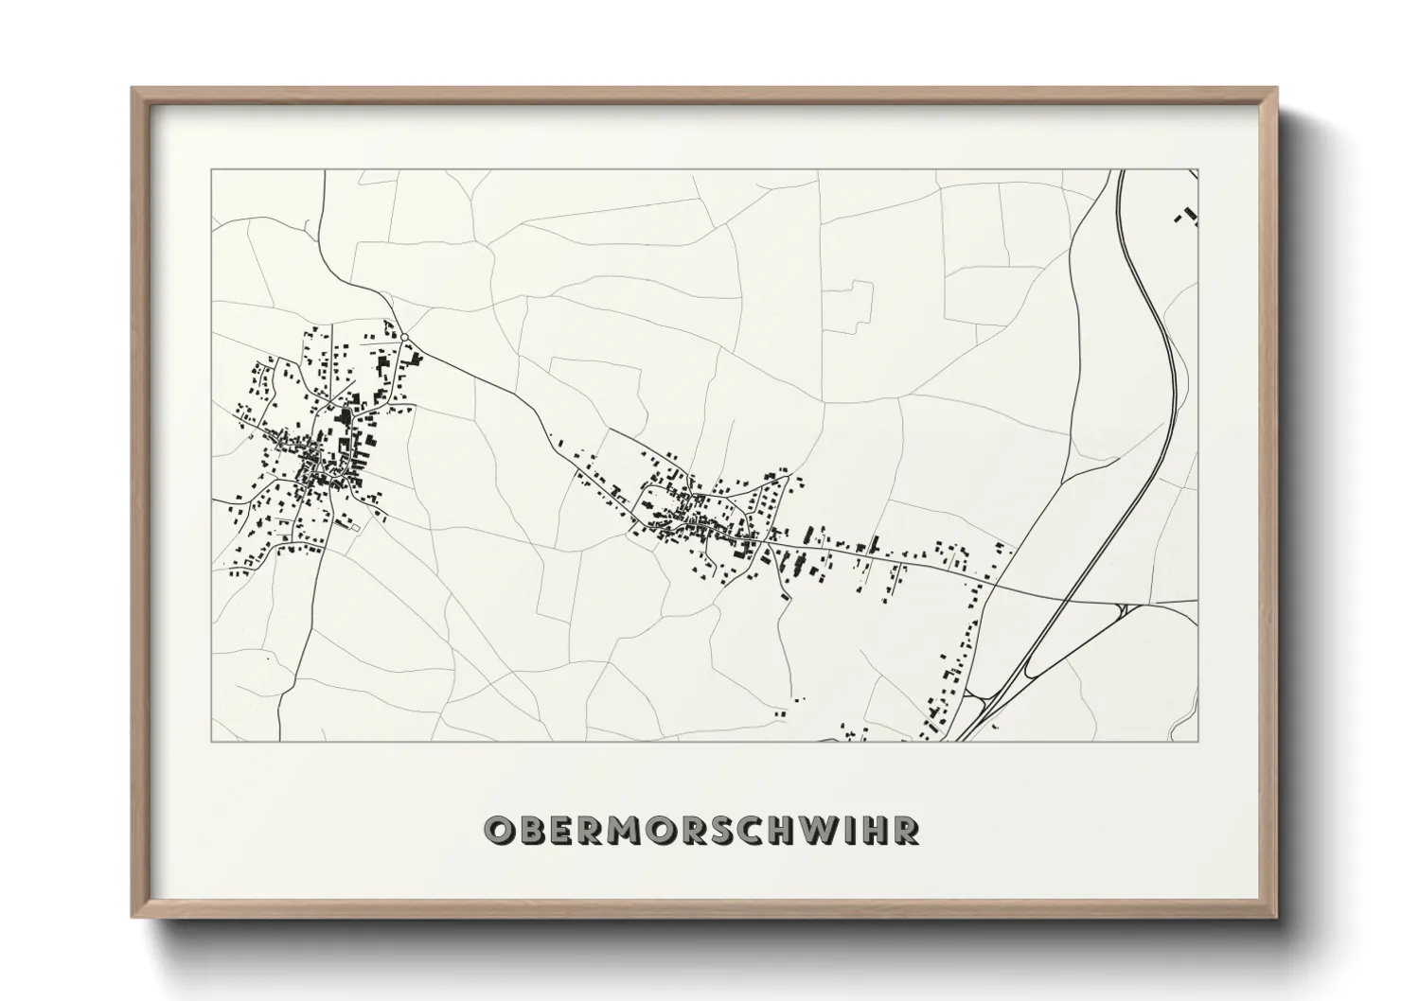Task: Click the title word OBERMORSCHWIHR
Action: coord(701,830)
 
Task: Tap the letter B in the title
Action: coord(531,830)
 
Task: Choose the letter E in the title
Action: coord(562,830)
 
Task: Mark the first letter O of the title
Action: coord(499,830)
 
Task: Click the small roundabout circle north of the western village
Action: coord(404,336)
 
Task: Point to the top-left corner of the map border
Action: coord(211,170)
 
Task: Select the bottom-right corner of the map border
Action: coord(1197,741)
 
